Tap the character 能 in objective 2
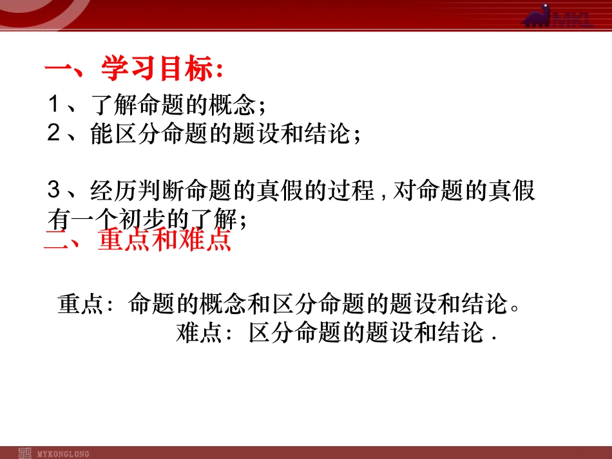click(x=102, y=135)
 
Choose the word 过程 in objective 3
click(x=352, y=191)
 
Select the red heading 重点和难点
click(x=164, y=241)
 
